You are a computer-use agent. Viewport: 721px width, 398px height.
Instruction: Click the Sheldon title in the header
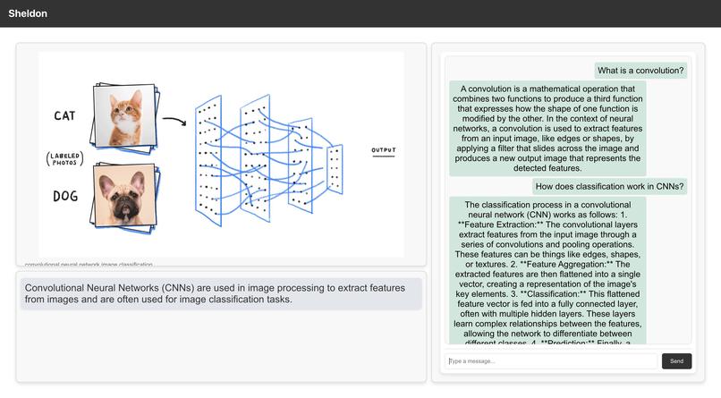[28, 13]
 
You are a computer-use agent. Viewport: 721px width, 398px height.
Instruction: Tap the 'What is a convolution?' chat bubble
[640, 70]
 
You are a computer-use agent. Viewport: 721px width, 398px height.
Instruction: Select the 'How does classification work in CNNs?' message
[609, 187]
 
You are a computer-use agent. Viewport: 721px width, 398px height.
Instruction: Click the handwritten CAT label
[64, 115]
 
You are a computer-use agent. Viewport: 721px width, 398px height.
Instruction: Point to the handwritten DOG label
[65, 196]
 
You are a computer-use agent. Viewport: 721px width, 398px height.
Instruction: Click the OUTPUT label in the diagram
[383, 150]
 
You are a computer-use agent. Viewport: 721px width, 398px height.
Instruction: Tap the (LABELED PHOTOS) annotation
[64, 158]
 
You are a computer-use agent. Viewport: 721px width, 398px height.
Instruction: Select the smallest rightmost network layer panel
[335, 168]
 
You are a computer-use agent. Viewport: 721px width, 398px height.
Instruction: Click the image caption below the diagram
[89, 265]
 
